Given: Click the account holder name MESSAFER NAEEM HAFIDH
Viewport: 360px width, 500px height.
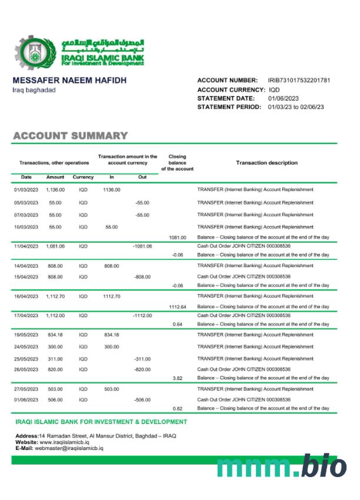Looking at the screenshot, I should tap(69, 80).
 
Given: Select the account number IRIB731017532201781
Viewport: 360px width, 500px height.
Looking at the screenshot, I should tap(299, 80).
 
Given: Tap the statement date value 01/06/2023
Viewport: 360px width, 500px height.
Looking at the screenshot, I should tap(284, 98).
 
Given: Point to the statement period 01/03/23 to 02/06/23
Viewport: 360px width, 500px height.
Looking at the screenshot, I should tap(296, 107).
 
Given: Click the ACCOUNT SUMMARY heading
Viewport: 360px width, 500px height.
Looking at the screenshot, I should tap(70, 136).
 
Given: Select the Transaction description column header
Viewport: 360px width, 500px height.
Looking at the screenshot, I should tap(266, 163).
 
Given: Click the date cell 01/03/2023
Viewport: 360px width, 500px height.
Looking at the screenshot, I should tap(26, 190).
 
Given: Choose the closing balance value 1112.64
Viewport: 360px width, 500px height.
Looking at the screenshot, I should tap(177, 307).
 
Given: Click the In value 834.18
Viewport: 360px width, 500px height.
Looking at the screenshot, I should tap(112, 335).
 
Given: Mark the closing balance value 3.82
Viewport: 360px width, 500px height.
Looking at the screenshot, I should tap(177, 378).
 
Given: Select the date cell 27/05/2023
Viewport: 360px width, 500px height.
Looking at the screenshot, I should tap(26, 389).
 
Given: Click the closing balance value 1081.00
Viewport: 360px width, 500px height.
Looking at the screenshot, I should tap(177, 238).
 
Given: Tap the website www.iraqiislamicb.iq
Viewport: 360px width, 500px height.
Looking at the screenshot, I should tap(64, 442).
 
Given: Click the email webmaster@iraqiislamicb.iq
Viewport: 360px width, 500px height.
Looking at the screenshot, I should tap(69, 448).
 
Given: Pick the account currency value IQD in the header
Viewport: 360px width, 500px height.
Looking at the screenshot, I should tap(274, 89).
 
